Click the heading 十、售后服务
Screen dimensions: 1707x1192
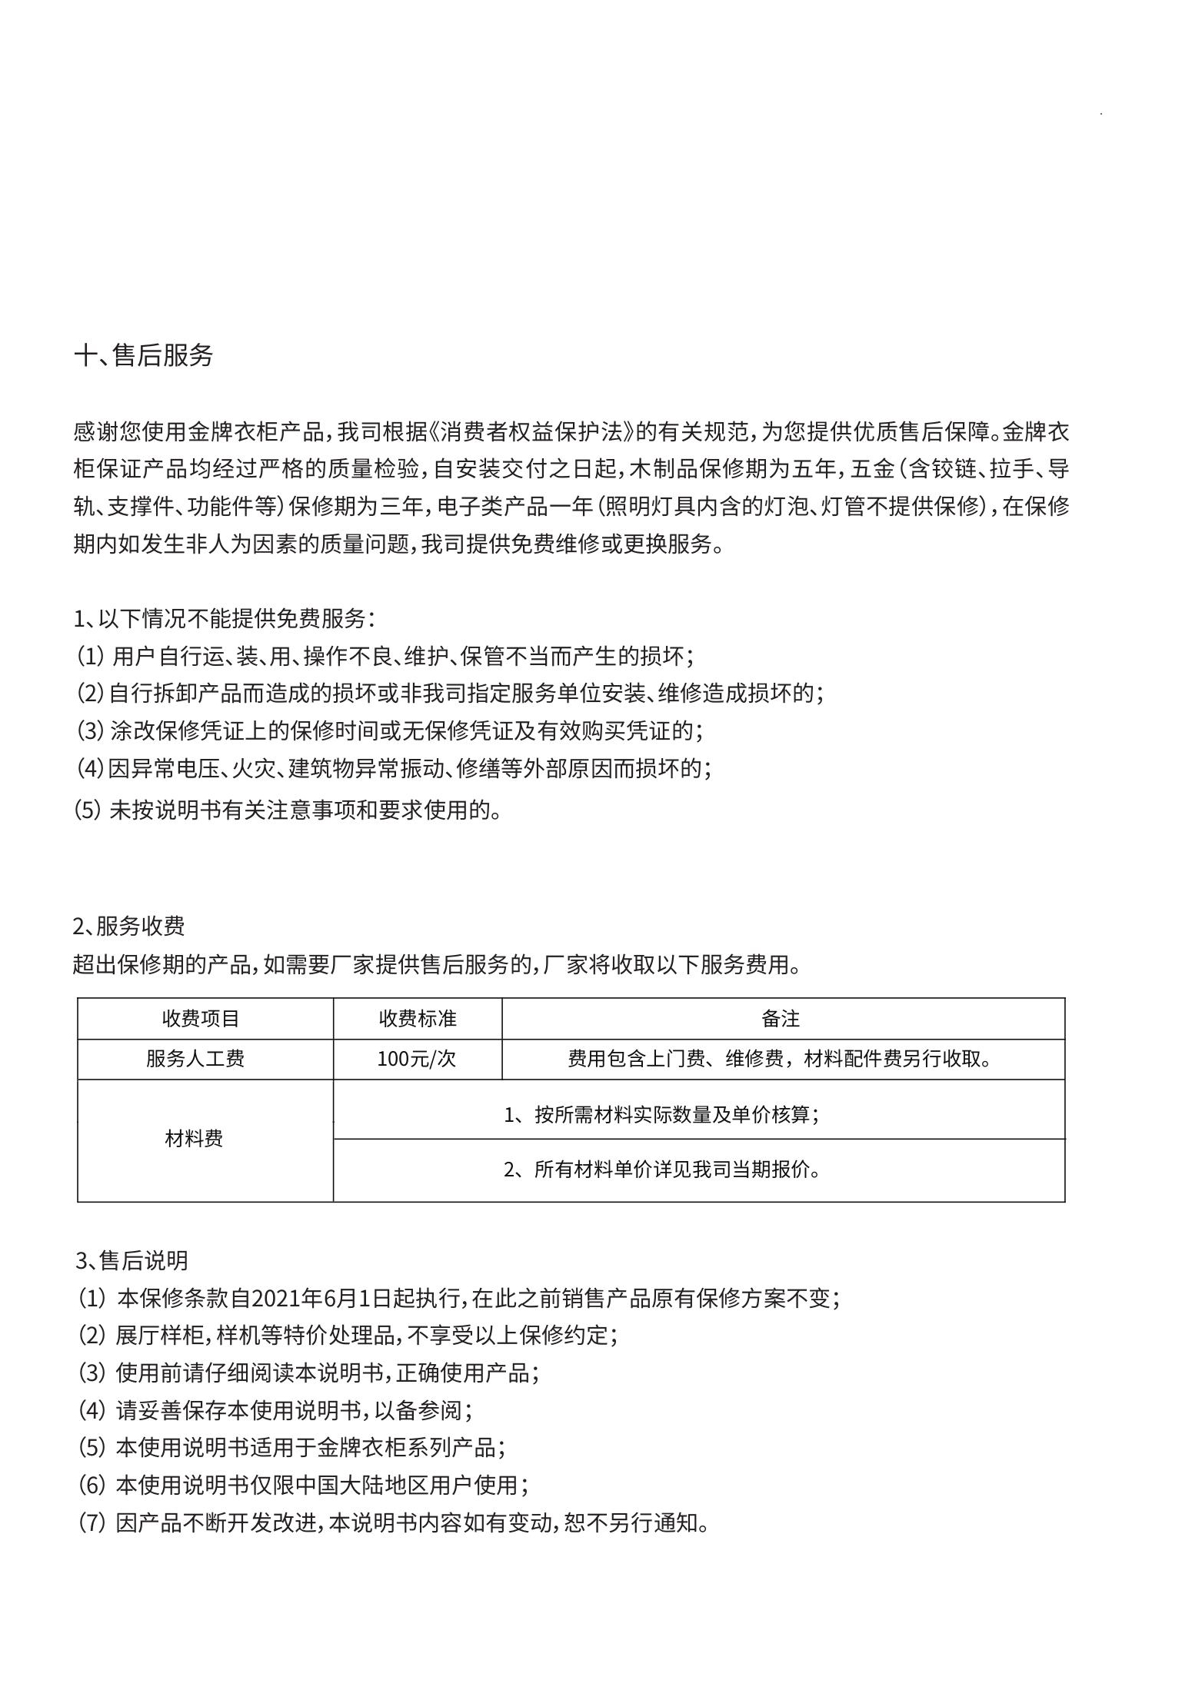[143, 355]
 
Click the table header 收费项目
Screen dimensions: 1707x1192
[201, 1019]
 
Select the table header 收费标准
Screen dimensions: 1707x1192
[418, 1019]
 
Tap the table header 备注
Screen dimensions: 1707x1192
[781, 1019]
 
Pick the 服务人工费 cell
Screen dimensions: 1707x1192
[195, 1059]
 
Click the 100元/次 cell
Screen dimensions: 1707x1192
[416, 1059]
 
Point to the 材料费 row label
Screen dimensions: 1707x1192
[194, 1139]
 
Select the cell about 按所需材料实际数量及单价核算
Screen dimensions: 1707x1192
[661, 1114]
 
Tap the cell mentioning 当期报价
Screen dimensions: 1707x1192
[661, 1170]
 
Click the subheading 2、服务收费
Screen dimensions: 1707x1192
[129, 926]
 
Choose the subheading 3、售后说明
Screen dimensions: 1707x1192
[132, 1260]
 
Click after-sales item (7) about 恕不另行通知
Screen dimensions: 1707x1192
[393, 1522]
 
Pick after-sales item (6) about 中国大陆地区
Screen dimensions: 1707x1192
[304, 1485]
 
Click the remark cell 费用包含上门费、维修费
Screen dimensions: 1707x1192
[781, 1059]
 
